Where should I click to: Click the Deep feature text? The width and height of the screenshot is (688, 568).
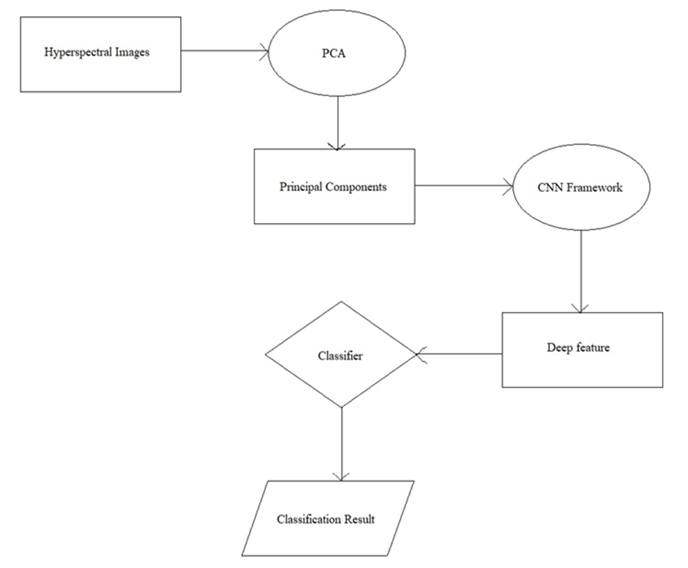(x=578, y=347)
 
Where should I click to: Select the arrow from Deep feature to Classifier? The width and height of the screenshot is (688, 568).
(x=460, y=354)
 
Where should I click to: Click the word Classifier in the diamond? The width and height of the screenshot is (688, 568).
(x=340, y=356)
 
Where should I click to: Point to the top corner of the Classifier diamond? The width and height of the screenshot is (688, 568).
(x=340, y=302)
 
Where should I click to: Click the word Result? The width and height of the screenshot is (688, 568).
(x=359, y=520)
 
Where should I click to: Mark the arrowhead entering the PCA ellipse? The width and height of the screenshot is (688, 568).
(x=264, y=53)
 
